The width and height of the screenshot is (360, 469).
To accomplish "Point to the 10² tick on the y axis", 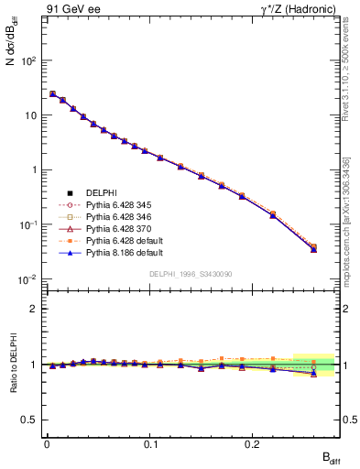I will [29, 60].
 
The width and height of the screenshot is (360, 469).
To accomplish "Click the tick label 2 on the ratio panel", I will [35, 309].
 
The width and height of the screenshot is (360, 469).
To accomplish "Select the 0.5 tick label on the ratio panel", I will [31, 420].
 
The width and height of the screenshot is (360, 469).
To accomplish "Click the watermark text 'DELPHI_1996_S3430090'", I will [191, 274].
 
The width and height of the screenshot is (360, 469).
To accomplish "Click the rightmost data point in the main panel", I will [313, 247].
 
